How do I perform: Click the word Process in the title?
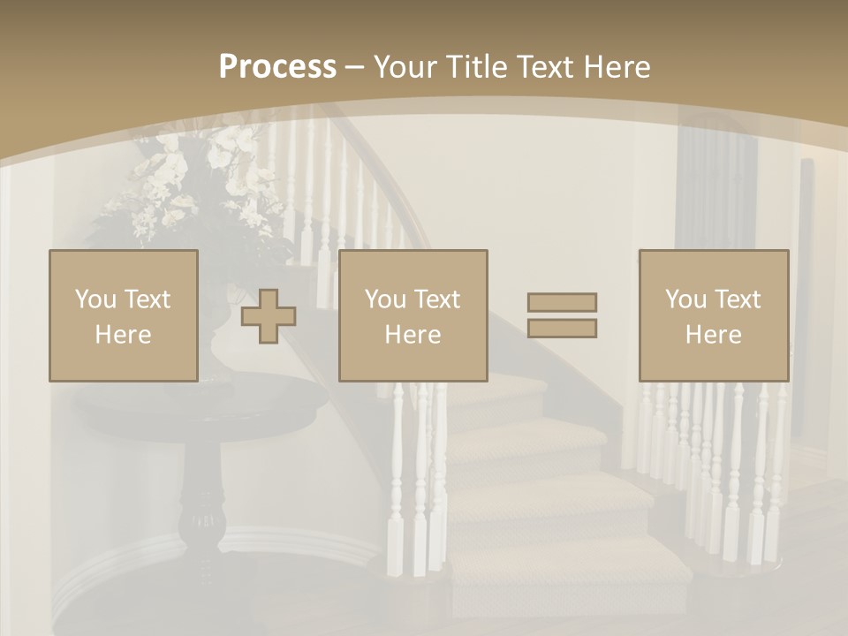(277, 67)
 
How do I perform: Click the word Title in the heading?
(477, 67)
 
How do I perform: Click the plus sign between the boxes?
(269, 316)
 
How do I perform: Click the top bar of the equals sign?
(562, 302)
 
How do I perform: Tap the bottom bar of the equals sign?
(562, 328)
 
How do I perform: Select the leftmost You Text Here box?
(123, 315)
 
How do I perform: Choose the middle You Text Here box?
(413, 315)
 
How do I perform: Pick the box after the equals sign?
(713, 315)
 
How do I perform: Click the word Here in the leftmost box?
(123, 335)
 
